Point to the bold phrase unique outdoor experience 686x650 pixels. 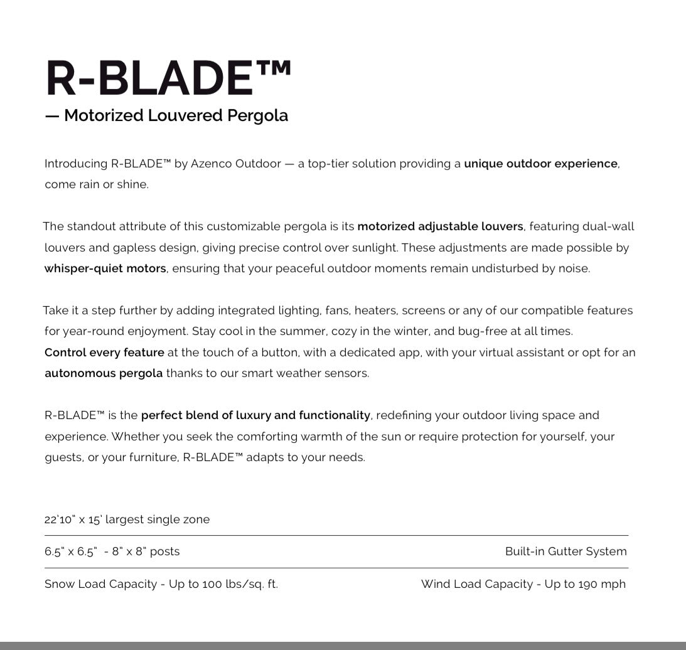pos(540,164)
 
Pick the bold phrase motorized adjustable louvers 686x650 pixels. pos(440,226)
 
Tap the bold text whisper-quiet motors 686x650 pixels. pos(105,269)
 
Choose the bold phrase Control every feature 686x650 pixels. pos(104,353)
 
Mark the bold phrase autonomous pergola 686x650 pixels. pos(104,373)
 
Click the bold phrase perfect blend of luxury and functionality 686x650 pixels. pos(255,415)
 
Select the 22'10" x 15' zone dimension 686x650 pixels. pos(73,519)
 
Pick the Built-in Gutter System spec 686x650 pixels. pos(565,551)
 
